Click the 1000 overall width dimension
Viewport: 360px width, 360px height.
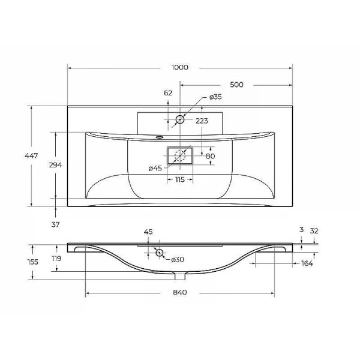[x=179, y=67]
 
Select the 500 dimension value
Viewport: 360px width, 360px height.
[x=236, y=85]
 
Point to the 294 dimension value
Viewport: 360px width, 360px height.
[x=56, y=164]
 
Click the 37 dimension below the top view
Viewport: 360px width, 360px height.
[x=56, y=224]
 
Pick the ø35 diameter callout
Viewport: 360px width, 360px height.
[x=215, y=97]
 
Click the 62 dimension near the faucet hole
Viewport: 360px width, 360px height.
[x=168, y=93]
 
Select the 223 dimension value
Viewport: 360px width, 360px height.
[x=202, y=121]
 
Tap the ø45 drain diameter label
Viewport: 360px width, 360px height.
[x=155, y=168]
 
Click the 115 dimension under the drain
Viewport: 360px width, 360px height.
[x=179, y=180]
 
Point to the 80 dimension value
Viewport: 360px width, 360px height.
[x=210, y=157]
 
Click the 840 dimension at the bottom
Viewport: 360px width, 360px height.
[x=180, y=292]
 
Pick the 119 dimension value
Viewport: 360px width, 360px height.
[x=56, y=259]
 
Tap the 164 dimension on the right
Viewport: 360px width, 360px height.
[x=307, y=263]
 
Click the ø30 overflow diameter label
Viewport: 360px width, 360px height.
[x=177, y=259]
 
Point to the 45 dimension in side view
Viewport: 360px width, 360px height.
[x=149, y=232]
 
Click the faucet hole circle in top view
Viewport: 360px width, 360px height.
[x=179, y=120]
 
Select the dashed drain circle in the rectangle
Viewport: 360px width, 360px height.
[x=179, y=156]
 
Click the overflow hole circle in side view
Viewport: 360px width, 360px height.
[x=160, y=253]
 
